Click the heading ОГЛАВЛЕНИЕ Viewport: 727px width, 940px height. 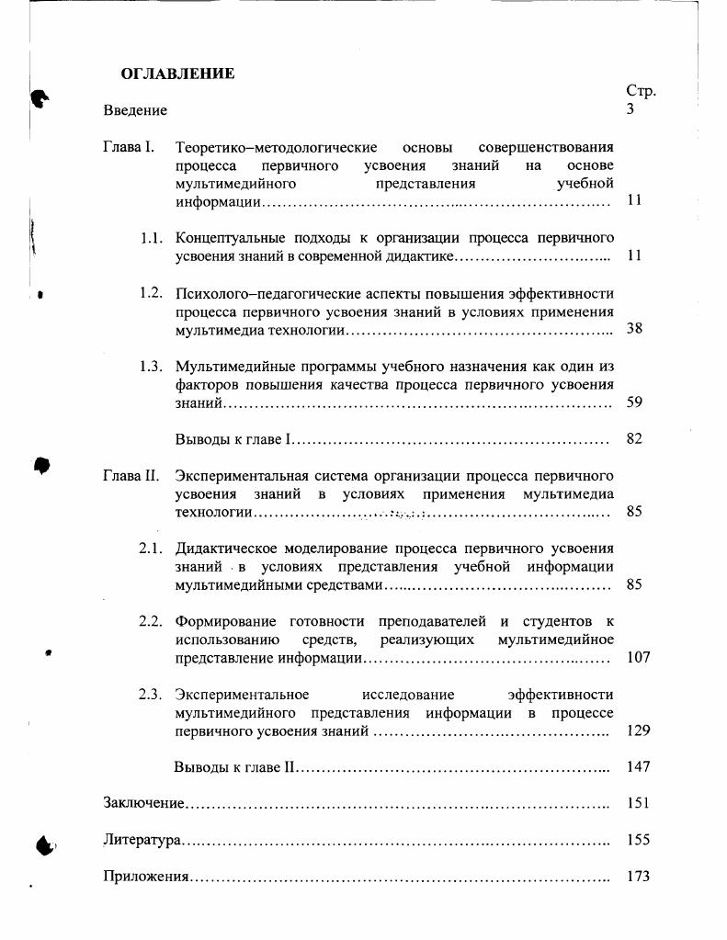pos(177,74)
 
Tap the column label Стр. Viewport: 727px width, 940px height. pos(641,91)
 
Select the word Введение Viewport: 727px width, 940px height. pos(135,110)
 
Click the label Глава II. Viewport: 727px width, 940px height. pos(131,476)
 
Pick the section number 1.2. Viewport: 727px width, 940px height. pos(152,293)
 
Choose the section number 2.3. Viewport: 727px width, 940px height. pos(152,695)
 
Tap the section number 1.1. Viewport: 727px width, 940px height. pos(152,238)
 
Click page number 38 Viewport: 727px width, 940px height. pos(634,329)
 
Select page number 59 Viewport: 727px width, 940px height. pos(634,402)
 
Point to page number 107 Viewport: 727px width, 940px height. pos(638,658)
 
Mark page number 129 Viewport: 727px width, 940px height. pos(638,730)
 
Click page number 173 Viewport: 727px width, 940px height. pos(638,877)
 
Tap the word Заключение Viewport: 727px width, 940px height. pos(144,803)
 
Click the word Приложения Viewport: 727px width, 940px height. pos(146,877)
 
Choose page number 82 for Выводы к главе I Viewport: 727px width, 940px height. pos(634,438)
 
